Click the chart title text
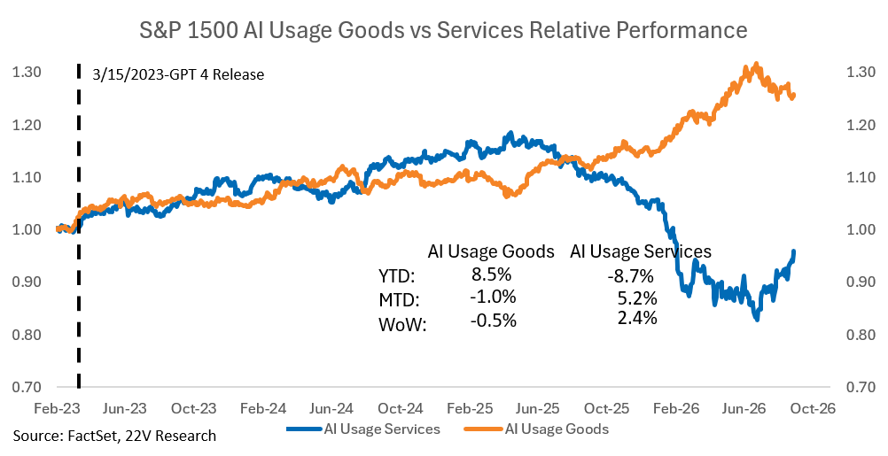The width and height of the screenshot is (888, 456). click(443, 30)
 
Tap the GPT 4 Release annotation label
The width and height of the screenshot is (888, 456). click(178, 74)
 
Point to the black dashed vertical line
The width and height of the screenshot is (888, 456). click(78, 227)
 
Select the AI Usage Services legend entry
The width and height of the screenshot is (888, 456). click(363, 429)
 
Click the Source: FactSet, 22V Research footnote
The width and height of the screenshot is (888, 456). click(114, 436)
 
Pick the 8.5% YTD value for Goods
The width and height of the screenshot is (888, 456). click(492, 274)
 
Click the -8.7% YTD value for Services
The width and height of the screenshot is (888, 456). click(630, 276)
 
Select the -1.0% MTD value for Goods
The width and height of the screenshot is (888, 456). click(494, 297)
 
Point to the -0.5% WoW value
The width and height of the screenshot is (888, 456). click(494, 321)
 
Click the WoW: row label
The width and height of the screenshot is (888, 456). click(402, 326)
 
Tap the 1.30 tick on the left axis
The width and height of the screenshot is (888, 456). click(27, 72)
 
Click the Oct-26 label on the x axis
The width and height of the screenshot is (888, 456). click(813, 408)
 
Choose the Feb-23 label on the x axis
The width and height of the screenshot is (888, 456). click(57, 408)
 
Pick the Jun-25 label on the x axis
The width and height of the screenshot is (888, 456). click(538, 408)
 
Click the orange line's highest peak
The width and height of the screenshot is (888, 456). click(756, 65)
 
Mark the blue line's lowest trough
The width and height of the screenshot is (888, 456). click(757, 319)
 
